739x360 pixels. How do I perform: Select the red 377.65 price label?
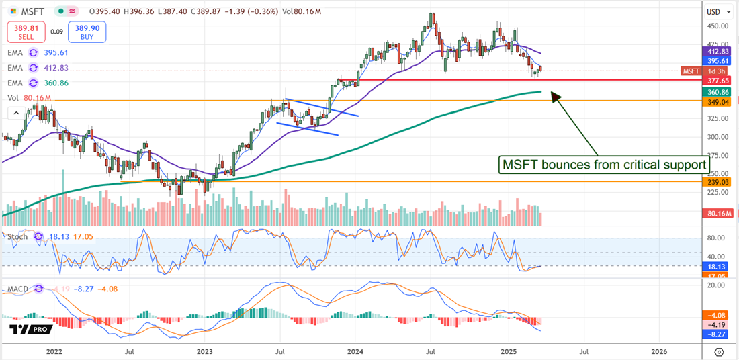(714, 80)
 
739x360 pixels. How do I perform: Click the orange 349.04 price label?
(714, 101)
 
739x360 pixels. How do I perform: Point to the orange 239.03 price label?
(714, 181)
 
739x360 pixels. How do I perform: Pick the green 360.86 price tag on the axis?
(714, 91)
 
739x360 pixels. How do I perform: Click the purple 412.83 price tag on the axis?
(714, 51)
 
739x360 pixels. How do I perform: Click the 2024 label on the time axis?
(356, 351)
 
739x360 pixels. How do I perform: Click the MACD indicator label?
(17, 289)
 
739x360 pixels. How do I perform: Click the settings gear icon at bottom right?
(719, 352)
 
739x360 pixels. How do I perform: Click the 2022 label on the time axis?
(54, 351)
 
